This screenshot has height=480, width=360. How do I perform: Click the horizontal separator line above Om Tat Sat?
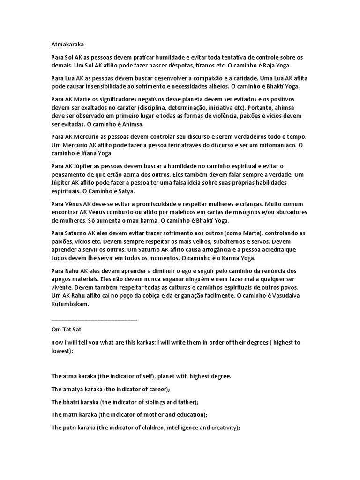[x=94, y=319]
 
